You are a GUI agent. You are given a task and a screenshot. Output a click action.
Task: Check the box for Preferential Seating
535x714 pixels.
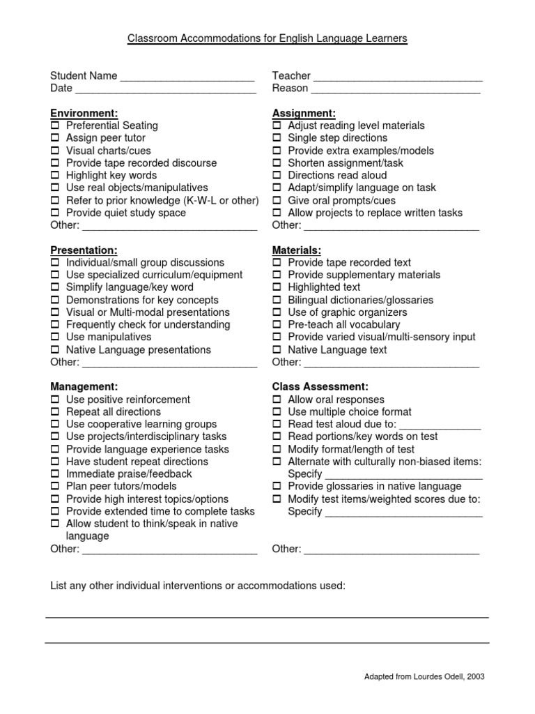55,126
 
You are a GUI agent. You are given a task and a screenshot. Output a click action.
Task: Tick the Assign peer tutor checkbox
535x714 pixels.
55,138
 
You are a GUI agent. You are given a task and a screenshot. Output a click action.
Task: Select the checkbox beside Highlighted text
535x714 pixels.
277,287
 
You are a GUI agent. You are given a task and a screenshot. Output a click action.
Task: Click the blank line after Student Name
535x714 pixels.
187,77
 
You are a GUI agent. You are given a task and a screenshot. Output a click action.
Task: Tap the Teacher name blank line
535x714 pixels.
397,77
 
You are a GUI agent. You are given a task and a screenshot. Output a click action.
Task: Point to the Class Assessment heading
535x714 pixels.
320,386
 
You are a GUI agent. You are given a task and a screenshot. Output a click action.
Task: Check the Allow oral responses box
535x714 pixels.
277,400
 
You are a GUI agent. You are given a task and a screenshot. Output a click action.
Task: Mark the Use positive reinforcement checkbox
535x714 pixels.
55,400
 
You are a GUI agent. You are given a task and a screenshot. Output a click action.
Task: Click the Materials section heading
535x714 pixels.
296,250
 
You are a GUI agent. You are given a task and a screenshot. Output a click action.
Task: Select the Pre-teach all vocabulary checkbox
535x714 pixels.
277,325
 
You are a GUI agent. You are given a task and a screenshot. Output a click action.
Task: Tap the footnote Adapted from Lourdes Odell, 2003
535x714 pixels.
425,676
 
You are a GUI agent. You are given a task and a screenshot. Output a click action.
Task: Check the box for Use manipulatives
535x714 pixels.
55,337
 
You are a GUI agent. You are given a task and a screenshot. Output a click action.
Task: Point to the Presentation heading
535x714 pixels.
84,250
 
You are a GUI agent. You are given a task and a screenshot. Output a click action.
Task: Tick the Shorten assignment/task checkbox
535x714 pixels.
277,163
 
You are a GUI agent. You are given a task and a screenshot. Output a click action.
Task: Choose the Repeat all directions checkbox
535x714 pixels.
55,412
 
